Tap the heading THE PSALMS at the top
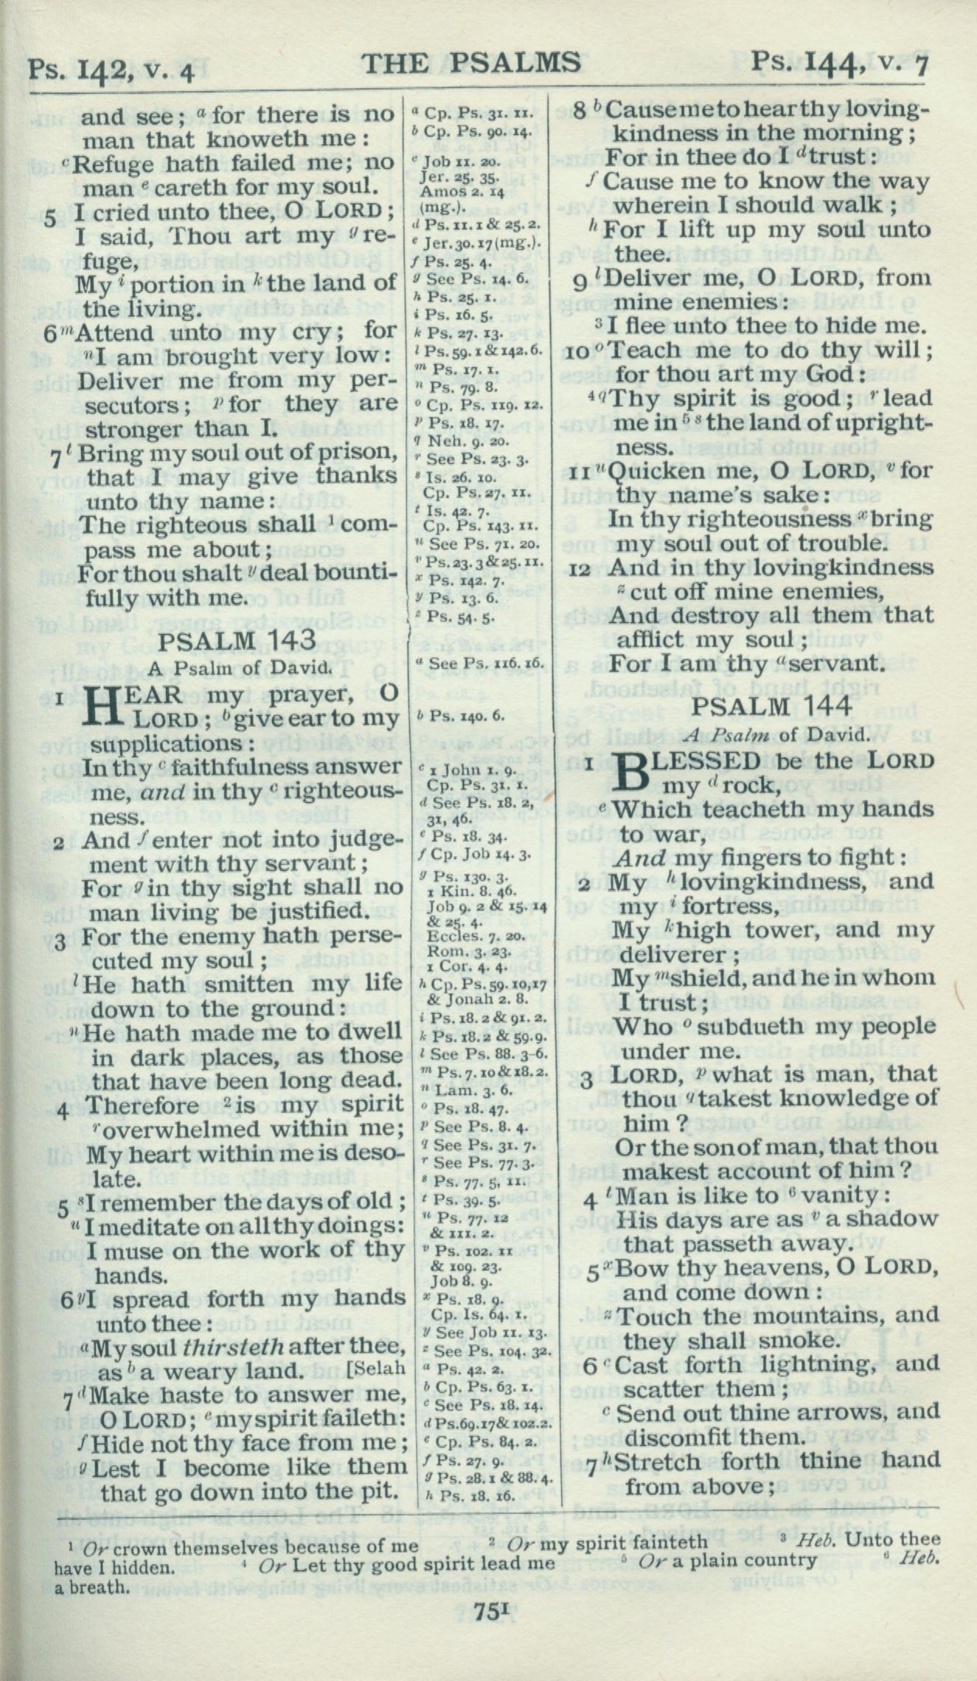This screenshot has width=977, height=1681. [x=473, y=63]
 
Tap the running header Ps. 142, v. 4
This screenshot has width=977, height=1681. [x=111, y=72]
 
